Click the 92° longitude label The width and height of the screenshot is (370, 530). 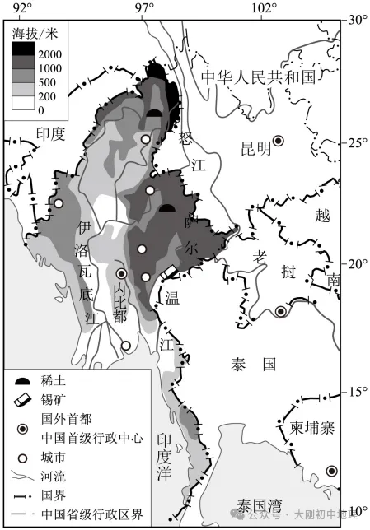(x=23, y=9)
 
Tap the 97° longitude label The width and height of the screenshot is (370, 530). (x=144, y=9)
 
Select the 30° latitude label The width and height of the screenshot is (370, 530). (x=358, y=19)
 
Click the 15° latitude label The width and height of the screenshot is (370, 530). (x=358, y=391)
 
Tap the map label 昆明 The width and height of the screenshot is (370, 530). (x=255, y=148)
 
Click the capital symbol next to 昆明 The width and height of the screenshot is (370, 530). (x=279, y=141)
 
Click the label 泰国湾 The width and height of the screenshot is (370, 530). (x=260, y=504)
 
